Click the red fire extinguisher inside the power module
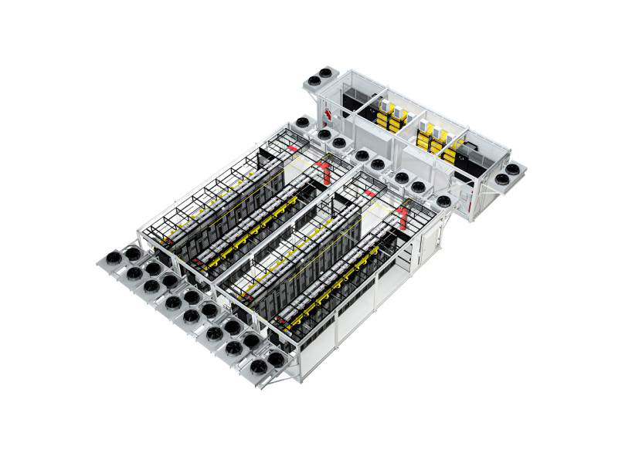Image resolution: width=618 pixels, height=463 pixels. click(329, 116)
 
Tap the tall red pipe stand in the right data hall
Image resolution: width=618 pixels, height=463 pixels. click(403, 216)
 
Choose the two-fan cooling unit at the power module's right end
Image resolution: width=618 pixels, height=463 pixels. click(508, 174)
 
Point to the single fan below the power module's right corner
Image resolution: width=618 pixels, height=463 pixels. click(444, 201)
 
